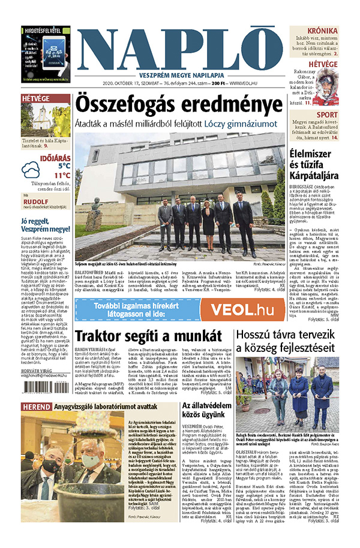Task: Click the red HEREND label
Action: click(37, 407)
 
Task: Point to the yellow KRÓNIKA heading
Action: click(322, 31)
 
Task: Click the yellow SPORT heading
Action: click(326, 115)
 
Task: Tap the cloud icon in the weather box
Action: click(31, 171)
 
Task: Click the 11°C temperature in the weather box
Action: click(61, 176)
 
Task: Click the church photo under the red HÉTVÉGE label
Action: click(45, 121)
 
